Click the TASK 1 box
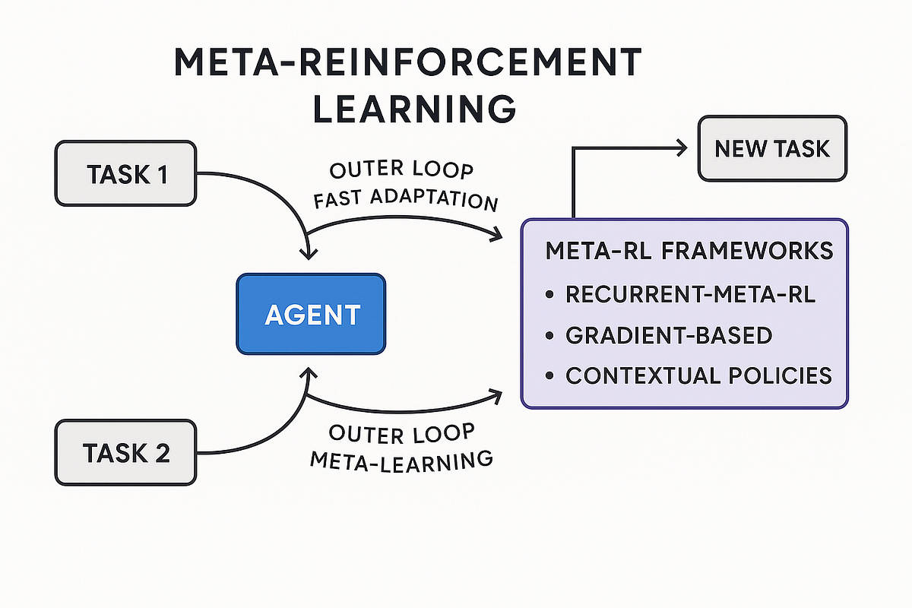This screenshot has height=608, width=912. click(x=126, y=173)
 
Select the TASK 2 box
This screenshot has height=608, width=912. click(x=126, y=452)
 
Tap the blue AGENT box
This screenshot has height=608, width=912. click(x=311, y=314)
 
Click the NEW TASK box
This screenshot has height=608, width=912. click(x=772, y=148)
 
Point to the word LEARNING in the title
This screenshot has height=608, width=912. click(x=414, y=109)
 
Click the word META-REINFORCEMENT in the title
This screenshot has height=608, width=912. click(x=407, y=62)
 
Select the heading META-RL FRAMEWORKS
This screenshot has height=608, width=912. click(x=689, y=251)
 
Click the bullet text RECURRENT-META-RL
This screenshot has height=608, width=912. click(x=691, y=294)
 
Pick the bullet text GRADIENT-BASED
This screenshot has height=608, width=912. click(x=669, y=336)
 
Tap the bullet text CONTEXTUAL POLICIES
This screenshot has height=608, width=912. click(x=698, y=375)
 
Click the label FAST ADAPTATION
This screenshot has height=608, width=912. click(x=406, y=200)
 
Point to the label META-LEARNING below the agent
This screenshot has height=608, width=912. click(x=401, y=461)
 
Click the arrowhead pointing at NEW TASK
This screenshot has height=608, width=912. click(x=682, y=148)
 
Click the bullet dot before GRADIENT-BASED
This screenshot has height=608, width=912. click(x=549, y=336)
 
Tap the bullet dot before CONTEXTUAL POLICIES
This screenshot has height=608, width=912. click(x=549, y=375)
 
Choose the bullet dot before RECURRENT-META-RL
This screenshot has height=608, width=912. click(x=549, y=294)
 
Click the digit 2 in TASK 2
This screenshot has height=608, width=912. click(x=163, y=453)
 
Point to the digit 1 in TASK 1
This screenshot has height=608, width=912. click(x=163, y=174)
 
